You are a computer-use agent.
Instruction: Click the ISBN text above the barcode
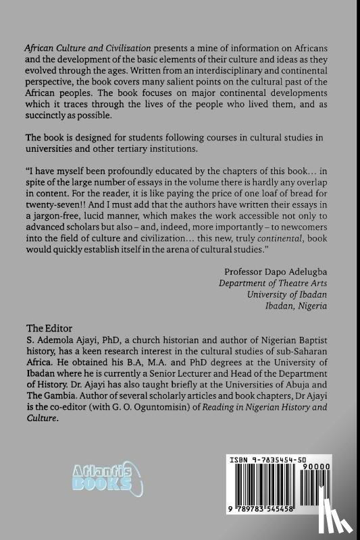[x=269, y=460]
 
